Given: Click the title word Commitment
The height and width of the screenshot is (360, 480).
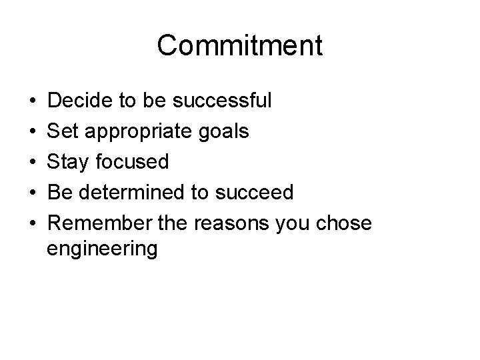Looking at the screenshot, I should (x=240, y=45).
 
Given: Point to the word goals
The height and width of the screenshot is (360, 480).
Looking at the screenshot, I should (x=223, y=132).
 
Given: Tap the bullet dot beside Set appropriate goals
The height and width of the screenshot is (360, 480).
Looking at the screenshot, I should (x=32, y=132).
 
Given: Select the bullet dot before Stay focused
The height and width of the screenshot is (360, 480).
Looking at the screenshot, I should (x=32, y=162).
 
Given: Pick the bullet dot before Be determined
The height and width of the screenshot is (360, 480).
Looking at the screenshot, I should (x=32, y=193).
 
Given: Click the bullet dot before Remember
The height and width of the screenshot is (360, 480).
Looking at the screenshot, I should (x=32, y=223).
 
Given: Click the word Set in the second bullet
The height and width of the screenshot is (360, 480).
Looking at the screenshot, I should (x=65, y=131).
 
